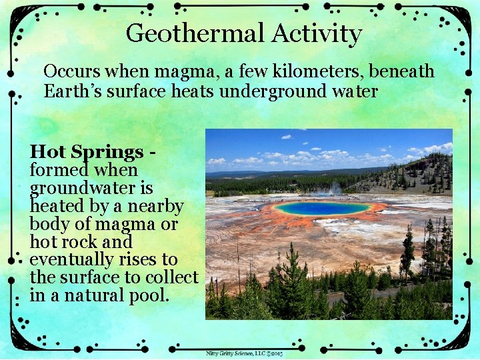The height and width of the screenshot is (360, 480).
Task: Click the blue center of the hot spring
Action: point(322,209)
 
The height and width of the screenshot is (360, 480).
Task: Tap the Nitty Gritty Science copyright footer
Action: point(244,353)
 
